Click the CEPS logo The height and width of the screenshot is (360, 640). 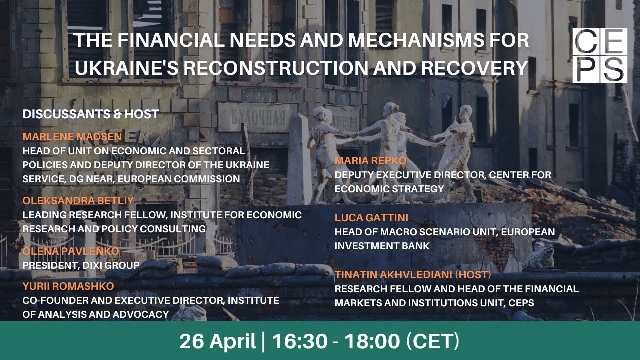coord(600,55)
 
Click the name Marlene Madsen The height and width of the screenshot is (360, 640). coord(72,137)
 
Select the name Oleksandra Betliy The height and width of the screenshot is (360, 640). coord(79,201)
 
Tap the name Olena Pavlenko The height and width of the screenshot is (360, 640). coord(71,251)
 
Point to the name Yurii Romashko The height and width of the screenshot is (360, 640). coord(68,286)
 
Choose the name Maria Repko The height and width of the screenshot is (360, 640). coord(370,161)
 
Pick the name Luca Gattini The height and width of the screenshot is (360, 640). coord(372,218)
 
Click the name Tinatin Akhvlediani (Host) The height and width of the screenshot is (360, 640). coord(413,275)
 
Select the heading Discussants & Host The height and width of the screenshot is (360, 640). coord(91,114)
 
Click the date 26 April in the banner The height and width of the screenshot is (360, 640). coord(217,341)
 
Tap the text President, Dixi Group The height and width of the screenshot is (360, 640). coord(81,265)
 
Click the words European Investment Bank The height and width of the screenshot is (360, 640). coord(445,239)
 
